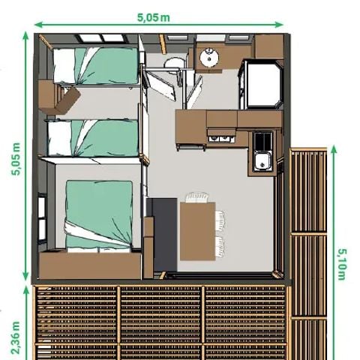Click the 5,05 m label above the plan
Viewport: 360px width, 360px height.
(154, 17)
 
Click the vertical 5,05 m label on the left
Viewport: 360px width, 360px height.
(16, 159)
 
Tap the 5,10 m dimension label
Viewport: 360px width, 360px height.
(342, 264)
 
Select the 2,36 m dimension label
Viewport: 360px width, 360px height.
(16, 337)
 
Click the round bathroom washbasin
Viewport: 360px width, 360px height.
(209, 57)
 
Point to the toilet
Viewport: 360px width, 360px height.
(175, 64)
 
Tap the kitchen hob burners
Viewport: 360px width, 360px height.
(262, 140)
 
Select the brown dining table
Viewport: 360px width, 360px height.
(198, 231)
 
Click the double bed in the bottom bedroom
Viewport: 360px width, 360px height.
(99, 215)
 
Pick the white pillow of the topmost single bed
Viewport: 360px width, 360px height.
(64, 65)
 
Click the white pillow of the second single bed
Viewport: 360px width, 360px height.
(60, 138)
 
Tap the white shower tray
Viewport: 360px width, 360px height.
(263, 84)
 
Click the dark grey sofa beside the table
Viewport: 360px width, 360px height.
(163, 235)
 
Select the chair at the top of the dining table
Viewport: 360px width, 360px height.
(197, 197)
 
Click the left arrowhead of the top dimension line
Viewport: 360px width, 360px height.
(37, 25)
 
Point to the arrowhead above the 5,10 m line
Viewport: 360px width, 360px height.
(334, 149)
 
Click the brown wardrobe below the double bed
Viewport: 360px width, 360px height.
(90, 265)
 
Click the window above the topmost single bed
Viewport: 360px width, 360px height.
(101, 38)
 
